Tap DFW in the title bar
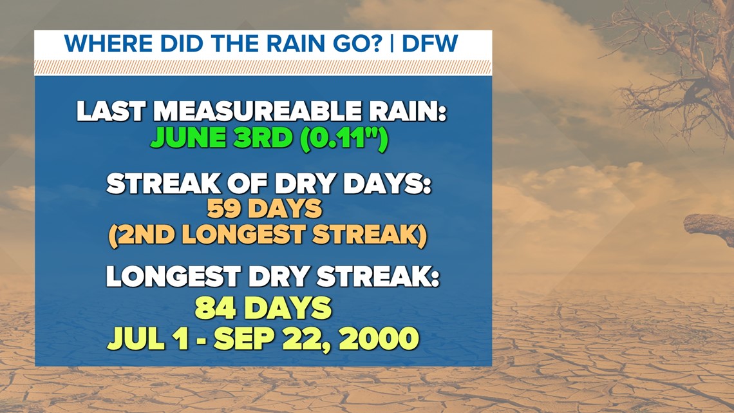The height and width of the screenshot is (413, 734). click(429, 44)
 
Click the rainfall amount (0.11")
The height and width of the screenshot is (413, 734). click(344, 139)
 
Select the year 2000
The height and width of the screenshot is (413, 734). click(379, 338)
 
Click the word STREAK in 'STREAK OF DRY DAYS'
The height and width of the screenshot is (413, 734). click(164, 184)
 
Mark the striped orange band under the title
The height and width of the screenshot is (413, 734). click(263, 68)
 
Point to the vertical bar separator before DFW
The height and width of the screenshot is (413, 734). click(392, 44)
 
